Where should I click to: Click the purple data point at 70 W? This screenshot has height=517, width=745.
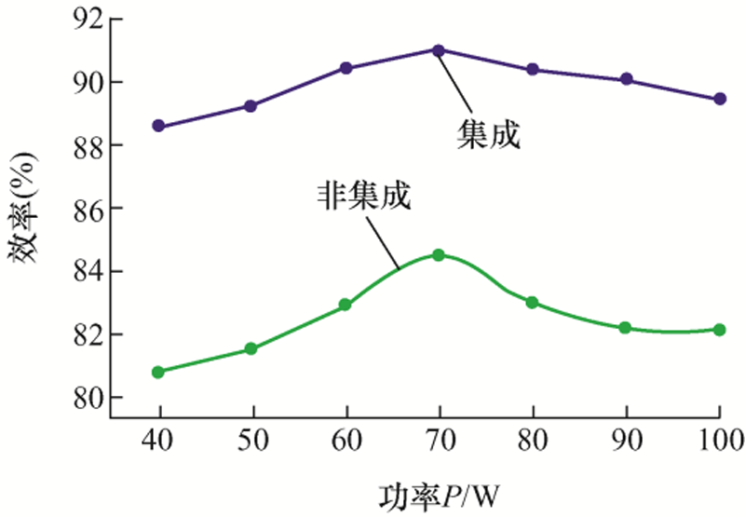(439, 49)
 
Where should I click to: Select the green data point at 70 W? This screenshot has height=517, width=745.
(439, 254)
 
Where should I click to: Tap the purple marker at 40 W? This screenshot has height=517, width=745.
(158, 126)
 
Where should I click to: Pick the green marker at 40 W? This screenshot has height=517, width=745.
(158, 372)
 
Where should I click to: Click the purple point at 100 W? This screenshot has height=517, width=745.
(720, 99)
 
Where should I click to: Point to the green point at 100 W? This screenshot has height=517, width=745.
(720, 329)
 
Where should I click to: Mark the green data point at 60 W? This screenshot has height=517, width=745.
(345, 305)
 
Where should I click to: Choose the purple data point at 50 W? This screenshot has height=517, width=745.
(251, 105)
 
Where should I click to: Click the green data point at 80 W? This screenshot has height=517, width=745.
(532, 302)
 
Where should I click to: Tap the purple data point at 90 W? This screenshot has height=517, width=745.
(626, 79)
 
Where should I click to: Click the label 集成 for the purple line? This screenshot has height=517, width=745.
(487, 136)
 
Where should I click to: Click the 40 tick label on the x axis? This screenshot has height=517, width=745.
(158, 440)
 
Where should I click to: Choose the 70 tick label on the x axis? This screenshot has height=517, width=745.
(439, 440)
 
